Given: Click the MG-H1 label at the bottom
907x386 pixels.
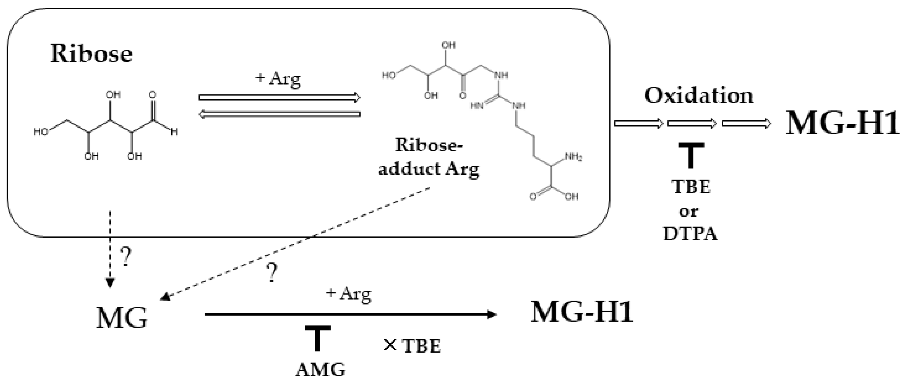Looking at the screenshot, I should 582,312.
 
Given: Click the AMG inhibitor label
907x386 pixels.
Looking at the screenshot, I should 320,370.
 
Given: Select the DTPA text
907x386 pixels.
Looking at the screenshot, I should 690,234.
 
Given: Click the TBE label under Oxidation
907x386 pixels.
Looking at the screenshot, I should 691,186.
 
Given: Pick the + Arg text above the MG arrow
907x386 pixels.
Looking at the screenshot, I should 348,293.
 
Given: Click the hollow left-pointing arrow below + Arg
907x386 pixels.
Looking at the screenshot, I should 279,114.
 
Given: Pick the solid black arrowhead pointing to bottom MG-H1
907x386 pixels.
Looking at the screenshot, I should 491,314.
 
